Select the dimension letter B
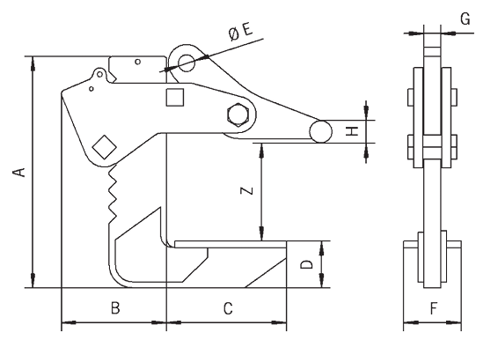click(114, 308)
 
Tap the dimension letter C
click(227, 308)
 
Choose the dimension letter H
click(350, 131)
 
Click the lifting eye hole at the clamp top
click(186, 63)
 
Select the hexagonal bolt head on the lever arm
click(238, 116)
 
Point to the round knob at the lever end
click(319, 131)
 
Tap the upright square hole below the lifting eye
click(175, 97)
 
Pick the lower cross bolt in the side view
click(431, 142)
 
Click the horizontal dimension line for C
click(227, 322)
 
